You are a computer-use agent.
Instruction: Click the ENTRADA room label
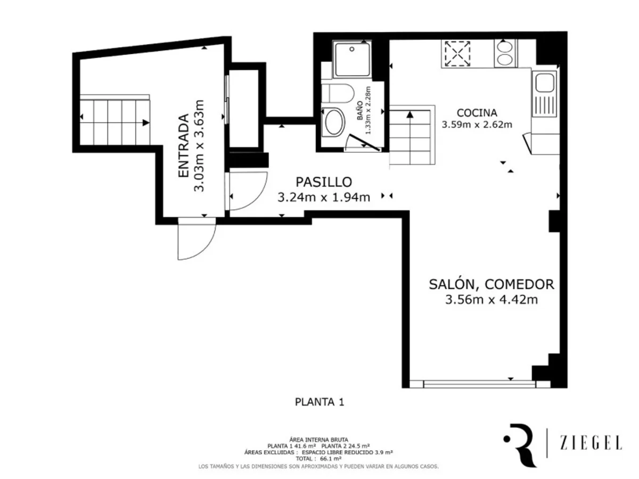[183, 145]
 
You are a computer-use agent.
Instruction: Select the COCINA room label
[477, 113]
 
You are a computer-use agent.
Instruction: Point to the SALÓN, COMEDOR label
[491, 284]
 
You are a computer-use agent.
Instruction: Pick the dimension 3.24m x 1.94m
[324, 197]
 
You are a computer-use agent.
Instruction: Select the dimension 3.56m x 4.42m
[491, 300]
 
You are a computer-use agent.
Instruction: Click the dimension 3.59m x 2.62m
[477, 125]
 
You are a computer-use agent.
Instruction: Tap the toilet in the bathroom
[339, 93]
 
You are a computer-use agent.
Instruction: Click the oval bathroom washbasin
[335, 122]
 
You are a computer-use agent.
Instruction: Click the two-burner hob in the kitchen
[505, 53]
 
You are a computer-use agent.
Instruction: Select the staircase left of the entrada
[114, 122]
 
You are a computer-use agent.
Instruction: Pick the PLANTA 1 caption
[319, 402]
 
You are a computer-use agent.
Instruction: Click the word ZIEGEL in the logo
[591, 443]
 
